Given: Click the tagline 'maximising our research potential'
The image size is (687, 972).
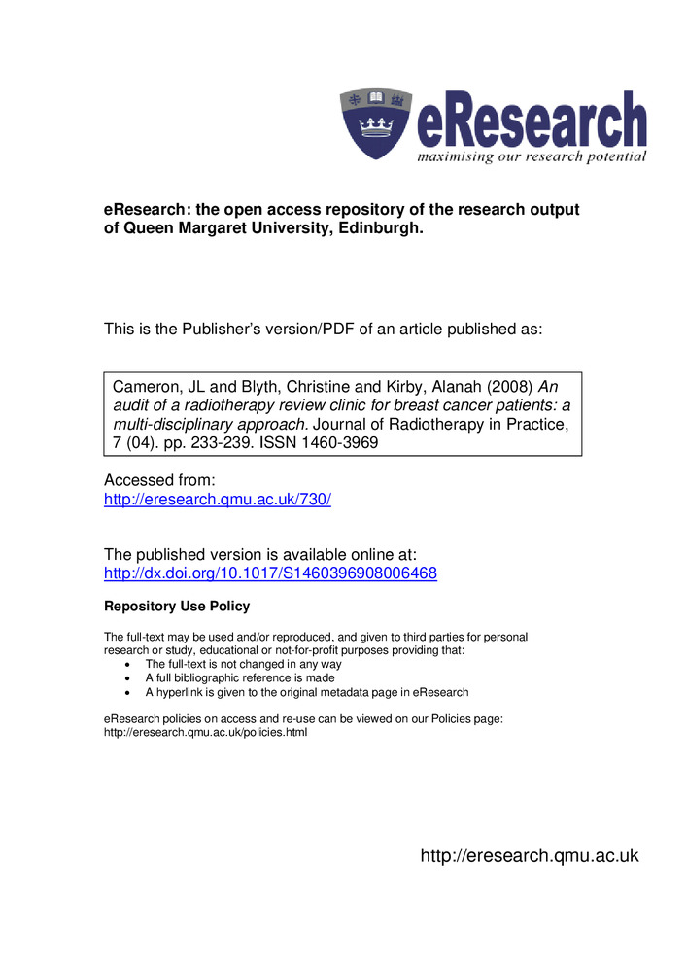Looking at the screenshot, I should click(532, 157).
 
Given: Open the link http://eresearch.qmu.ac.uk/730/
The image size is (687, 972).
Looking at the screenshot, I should click(218, 500).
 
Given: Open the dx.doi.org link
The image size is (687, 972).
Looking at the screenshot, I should click(270, 573).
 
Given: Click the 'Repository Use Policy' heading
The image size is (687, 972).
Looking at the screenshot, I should click(176, 607).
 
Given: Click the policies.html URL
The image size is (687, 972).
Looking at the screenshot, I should click(205, 733).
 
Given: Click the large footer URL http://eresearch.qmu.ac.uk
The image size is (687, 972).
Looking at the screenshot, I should click(529, 856).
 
